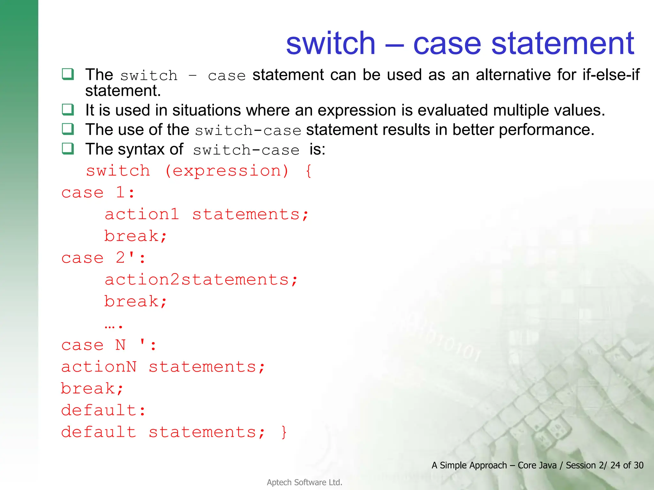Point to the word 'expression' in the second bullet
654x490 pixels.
tap(357, 110)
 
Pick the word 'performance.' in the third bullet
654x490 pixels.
tap(546, 130)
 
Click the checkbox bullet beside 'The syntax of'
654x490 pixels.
tap(68, 149)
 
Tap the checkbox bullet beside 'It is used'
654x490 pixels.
tap(68, 110)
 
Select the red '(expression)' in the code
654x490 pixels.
tap(227, 171)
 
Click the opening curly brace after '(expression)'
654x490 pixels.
tap(308, 171)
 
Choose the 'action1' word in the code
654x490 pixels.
tap(142, 214)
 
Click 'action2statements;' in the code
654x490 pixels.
tap(201, 280)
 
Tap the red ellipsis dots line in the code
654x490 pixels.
tap(114, 325)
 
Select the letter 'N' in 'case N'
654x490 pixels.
tap(120, 345)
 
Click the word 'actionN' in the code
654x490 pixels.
tap(99, 367)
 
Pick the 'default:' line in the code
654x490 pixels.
tap(103, 411)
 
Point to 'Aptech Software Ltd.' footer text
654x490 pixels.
tap(304, 482)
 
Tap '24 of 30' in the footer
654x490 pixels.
tap(627, 465)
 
